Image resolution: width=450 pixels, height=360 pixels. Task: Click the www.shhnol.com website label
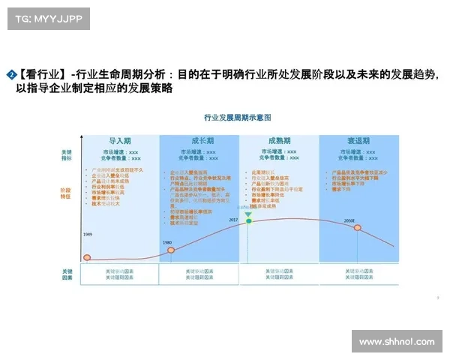coord(396,341)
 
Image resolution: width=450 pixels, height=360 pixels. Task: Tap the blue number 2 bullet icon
coord(11,75)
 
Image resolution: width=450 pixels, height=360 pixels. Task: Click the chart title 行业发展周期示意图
coord(237,118)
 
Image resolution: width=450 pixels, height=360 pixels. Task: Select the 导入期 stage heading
coord(120,141)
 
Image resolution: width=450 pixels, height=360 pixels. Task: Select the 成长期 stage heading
coord(199,141)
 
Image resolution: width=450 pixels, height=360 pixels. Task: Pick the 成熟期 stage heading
coord(279,141)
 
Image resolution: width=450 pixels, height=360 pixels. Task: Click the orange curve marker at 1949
coord(87,258)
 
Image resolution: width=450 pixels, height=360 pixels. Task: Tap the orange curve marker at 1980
coord(170,250)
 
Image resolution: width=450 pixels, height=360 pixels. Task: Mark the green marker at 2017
coord(248,215)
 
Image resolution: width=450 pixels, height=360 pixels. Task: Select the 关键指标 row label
coord(67,155)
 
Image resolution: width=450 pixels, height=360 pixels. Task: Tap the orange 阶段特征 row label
coord(67,193)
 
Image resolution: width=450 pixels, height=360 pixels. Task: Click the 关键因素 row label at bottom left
coord(67,273)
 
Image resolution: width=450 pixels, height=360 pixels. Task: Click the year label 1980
coord(167,242)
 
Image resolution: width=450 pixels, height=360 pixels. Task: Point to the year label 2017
coord(233,220)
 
